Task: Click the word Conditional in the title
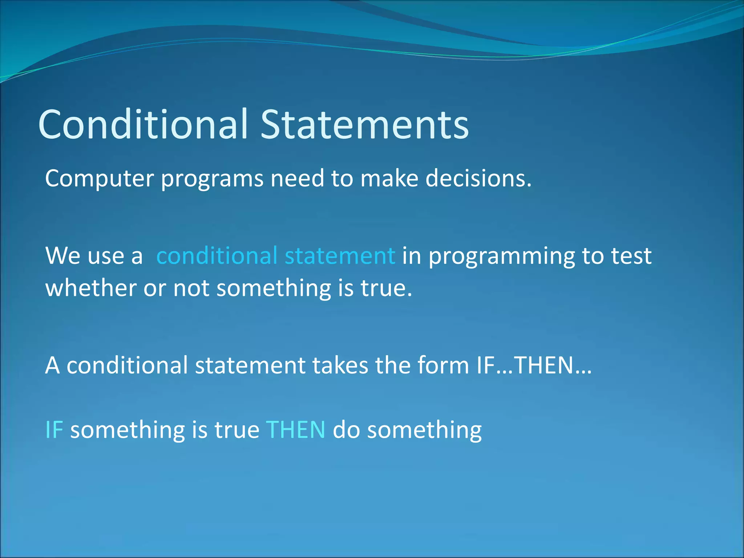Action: coord(143,124)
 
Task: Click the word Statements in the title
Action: coord(364,124)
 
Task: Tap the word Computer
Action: coord(99,179)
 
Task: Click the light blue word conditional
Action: coord(217,255)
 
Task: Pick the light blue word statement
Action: coord(340,256)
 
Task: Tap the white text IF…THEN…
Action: coord(534,365)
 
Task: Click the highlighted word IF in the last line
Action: coord(54,430)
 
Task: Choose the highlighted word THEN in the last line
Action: coord(296,430)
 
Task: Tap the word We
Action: coord(62,256)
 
